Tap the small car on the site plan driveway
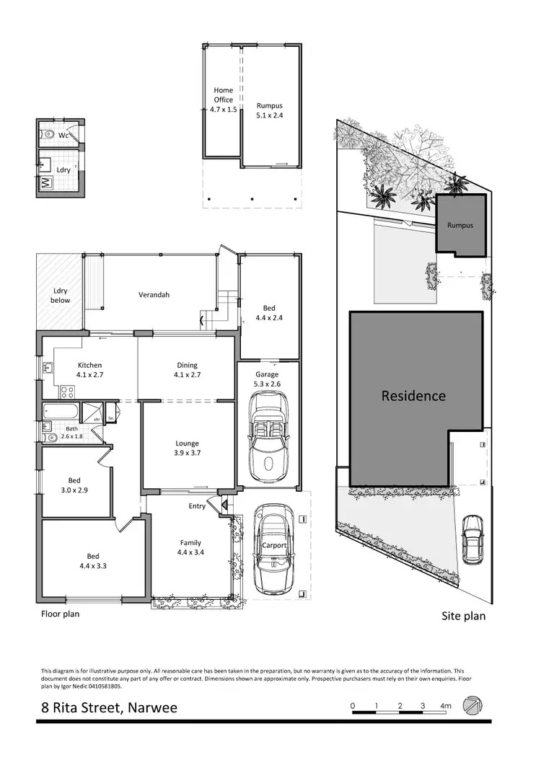point(472,539)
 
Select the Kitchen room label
point(89,370)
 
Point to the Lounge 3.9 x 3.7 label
point(187,448)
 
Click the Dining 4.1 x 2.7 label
point(187,370)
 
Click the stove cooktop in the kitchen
point(67,392)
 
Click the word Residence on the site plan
point(413,396)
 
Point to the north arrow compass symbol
point(473,706)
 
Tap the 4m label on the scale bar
point(447,705)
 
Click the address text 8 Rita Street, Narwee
point(109,707)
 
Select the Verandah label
point(154,294)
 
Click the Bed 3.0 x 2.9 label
point(74,485)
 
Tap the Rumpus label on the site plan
point(459,226)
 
